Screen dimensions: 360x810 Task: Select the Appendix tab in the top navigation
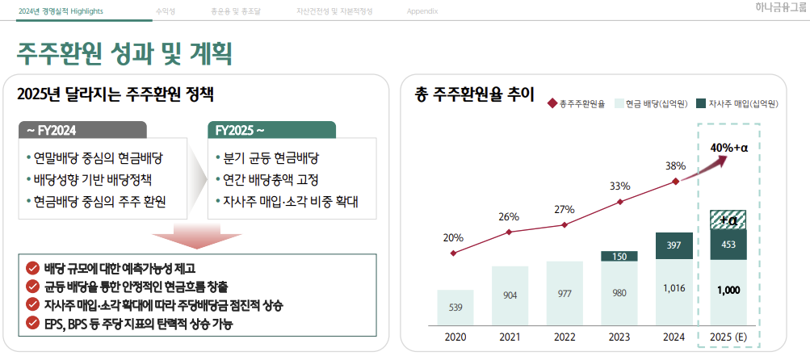pyautogui.click(x=422, y=11)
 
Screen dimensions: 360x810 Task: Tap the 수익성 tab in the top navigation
pyautogui.click(x=165, y=11)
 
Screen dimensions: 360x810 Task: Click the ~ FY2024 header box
pyautogui.click(x=83, y=130)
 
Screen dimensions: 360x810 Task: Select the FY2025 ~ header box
pyautogui.click(x=271, y=130)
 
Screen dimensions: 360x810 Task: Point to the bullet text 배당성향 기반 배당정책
pyautogui.click(x=99, y=179)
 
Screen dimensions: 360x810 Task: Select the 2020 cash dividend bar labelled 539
pyautogui.click(x=455, y=308)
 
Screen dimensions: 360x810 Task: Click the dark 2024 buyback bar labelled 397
pyautogui.click(x=674, y=245)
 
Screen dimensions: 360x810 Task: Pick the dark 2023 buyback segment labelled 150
pyautogui.click(x=619, y=257)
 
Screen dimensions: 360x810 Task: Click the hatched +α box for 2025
pyautogui.click(x=728, y=220)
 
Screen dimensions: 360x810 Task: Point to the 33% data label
pyautogui.click(x=619, y=186)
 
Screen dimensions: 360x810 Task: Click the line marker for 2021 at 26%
pyautogui.click(x=509, y=232)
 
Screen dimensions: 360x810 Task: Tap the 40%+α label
pyautogui.click(x=730, y=148)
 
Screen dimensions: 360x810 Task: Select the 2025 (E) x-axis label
pyautogui.click(x=728, y=337)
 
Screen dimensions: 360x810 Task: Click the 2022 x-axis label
pyautogui.click(x=564, y=337)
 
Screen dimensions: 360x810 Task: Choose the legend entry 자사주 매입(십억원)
pyautogui.click(x=737, y=103)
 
